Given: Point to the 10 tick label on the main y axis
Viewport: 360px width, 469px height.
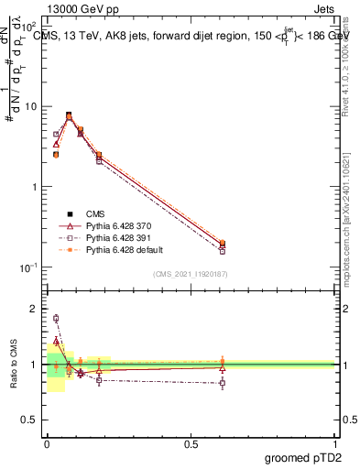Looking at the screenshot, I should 31,106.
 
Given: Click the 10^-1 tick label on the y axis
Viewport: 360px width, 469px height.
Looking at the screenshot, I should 29,267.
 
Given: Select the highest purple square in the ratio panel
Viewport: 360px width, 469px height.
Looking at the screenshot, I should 56,319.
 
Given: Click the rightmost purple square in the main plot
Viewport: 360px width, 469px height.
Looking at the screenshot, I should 223,250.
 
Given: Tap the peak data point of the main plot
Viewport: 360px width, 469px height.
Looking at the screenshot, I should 69,115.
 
